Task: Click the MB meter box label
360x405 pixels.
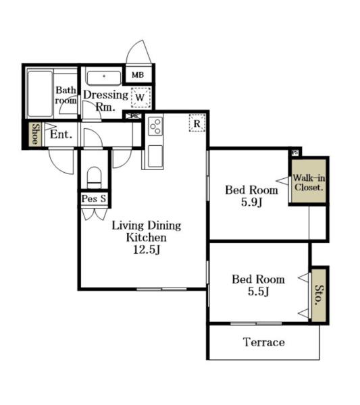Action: [138, 75]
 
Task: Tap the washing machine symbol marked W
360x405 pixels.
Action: [140, 97]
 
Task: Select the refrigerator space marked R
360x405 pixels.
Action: [197, 124]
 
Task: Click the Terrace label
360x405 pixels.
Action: [264, 342]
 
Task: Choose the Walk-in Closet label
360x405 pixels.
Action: [309, 182]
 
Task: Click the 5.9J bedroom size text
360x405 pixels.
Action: [252, 202]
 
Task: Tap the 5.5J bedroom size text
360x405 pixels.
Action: [259, 292]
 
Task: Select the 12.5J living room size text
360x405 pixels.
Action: [147, 250]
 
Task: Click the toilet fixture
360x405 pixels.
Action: [94, 177]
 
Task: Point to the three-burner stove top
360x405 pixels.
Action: [155, 126]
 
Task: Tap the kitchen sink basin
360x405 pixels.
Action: [155, 156]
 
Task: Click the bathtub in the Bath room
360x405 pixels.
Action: [40, 94]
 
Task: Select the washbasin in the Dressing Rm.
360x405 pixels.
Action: [104, 78]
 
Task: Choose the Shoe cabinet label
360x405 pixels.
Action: [35, 134]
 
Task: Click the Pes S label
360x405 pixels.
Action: [94, 198]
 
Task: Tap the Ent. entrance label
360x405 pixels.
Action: [61, 134]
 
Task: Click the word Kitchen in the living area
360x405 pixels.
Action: [147, 238]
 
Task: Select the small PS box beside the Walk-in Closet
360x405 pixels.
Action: [295, 153]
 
